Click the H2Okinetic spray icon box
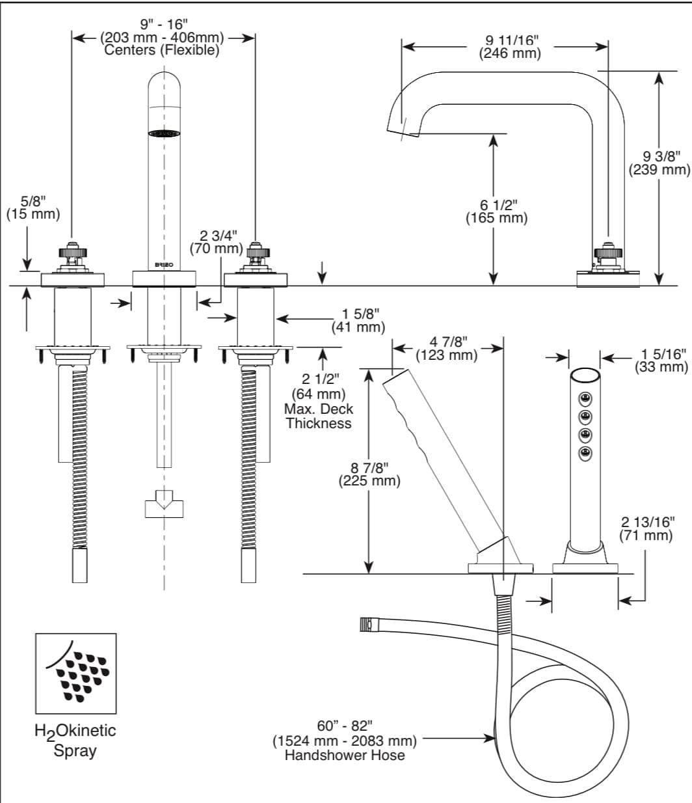click(75, 674)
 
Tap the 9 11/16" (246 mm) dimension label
click(510, 47)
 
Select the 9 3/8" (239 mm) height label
click(659, 163)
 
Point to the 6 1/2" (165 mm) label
click(496, 211)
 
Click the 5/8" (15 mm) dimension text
click(33, 207)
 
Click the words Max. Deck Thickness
click(319, 416)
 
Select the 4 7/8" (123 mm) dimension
click(447, 349)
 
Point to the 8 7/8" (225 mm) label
click(369, 474)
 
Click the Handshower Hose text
click(345, 755)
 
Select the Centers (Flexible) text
click(162, 50)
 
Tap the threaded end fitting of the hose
click(366, 625)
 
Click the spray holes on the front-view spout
click(164, 133)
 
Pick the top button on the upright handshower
click(585, 398)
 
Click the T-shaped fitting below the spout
click(164, 506)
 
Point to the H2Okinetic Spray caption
click(75, 740)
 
